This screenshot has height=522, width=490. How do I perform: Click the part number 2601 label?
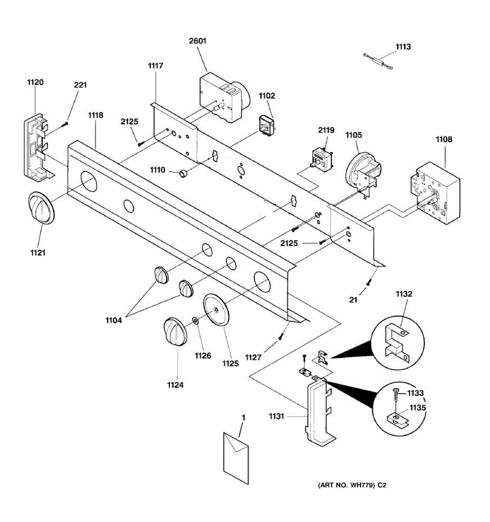[x=197, y=41]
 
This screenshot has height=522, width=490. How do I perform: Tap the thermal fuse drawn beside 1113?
[x=378, y=62]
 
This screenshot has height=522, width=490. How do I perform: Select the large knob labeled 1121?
[x=41, y=208]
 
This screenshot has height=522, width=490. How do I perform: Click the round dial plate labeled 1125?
[x=216, y=310]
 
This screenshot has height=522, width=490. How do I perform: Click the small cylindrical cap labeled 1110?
[x=183, y=174]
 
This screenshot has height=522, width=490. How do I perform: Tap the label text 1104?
[x=114, y=321]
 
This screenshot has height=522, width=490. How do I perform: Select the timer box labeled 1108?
[x=435, y=193]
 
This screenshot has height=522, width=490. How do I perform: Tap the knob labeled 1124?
[x=175, y=331]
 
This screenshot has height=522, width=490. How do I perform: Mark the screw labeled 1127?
[x=280, y=336]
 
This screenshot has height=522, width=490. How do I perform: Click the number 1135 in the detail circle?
[x=417, y=408]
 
